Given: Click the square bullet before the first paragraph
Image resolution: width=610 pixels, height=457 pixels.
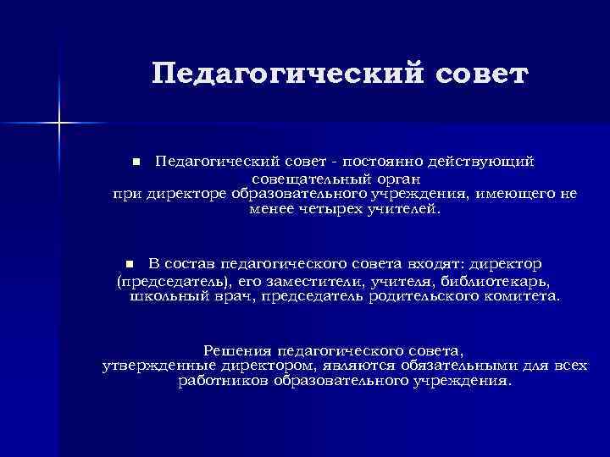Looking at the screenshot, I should coord(135,161).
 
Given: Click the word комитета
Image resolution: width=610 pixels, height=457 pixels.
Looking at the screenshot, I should coord(522,297).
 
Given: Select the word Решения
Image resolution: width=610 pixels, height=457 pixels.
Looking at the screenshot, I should coord(238,349).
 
